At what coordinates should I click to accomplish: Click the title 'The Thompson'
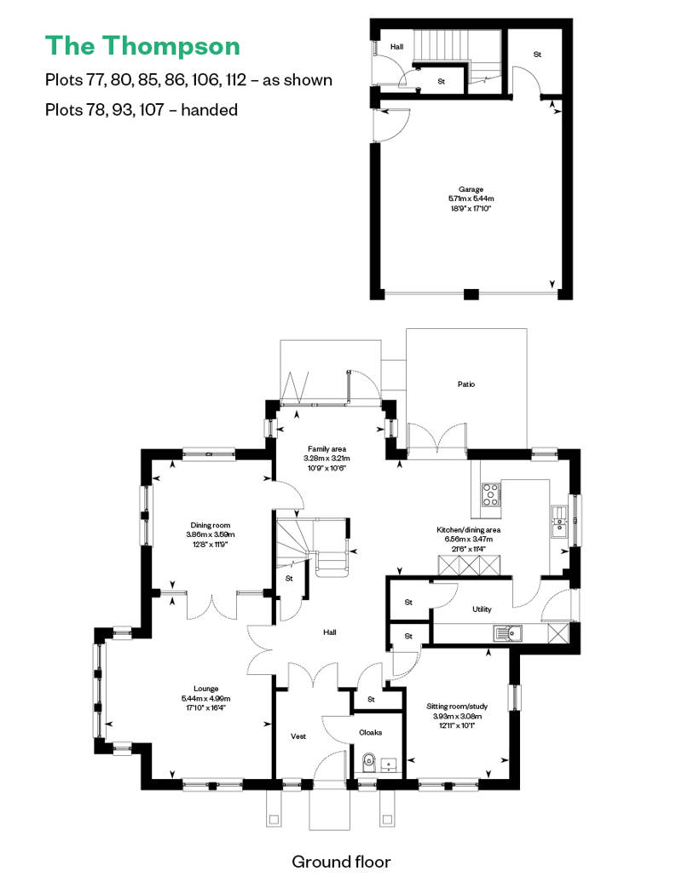(x=142, y=46)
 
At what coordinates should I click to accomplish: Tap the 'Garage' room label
(x=471, y=189)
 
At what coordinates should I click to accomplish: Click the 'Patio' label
(x=466, y=384)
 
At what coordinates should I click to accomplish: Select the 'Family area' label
(x=327, y=449)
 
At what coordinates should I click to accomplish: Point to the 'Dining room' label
(x=210, y=525)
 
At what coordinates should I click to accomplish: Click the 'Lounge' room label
(x=205, y=689)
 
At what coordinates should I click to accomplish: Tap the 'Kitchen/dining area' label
(x=469, y=530)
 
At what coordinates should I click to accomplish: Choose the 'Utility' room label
(x=482, y=609)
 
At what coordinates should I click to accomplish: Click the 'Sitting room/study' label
(x=457, y=707)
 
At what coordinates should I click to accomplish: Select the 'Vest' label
(x=298, y=736)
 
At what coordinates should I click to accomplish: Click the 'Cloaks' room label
(x=371, y=733)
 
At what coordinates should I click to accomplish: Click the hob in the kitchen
(x=490, y=494)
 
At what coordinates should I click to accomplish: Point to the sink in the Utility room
(x=508, y=633)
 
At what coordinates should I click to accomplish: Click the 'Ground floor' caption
(x=341, y=862)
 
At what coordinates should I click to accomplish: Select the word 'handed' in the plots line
(x=210, y=109)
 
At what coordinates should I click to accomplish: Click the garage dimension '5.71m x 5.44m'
(x=471, y=199)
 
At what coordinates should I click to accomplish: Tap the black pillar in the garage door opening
(x=471, y=294)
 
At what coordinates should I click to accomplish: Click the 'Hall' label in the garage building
(x=397, y=47)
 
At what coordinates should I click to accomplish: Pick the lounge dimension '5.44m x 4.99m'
(x=205, y=698)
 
